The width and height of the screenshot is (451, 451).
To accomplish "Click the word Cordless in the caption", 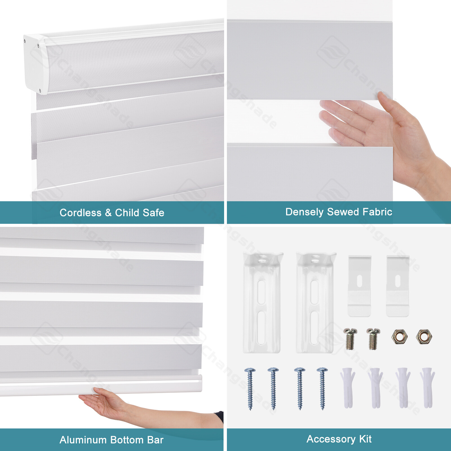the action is (81, 213).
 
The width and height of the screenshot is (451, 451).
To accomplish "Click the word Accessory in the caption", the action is (331, 439).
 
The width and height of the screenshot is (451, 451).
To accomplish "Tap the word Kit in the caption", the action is (366, 439).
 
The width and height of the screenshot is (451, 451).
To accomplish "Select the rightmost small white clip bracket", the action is (397, 286).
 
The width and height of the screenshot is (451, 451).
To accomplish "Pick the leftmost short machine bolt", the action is (350, 339).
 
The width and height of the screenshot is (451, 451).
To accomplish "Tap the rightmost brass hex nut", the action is (424, 337).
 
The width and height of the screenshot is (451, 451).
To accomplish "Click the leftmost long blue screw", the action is (250, 389).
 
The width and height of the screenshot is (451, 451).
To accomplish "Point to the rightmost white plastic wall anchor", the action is (428, 388).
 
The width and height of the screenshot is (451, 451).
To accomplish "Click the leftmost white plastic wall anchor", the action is (348, 388).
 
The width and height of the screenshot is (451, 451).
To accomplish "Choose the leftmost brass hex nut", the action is (399, 337).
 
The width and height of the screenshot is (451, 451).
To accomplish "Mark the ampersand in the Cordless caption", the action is (108, 213).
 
